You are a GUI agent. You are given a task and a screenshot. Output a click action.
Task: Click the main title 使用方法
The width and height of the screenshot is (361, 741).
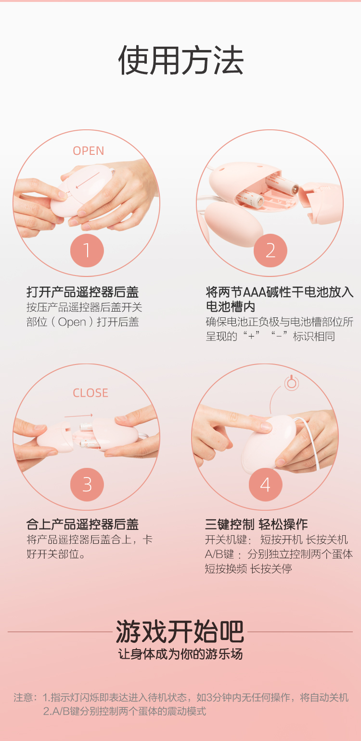point(181,60)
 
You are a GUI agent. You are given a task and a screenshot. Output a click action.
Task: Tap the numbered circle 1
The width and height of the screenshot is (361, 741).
point(87,251)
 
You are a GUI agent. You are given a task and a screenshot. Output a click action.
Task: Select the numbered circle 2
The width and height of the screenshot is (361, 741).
point(270,251)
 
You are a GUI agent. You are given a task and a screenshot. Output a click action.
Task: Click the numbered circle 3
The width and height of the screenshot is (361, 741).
point(87,485)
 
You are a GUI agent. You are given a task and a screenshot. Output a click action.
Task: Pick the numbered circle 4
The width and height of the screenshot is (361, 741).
point(265,485)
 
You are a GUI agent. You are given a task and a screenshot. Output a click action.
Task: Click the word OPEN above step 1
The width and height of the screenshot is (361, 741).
point(89,151)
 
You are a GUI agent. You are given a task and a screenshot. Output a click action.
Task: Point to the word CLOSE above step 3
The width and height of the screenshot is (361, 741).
point(90,393)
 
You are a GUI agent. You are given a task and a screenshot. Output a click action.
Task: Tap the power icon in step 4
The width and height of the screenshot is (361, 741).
point(292,383)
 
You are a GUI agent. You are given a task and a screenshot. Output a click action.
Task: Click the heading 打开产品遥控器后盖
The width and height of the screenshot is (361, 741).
point(82,292)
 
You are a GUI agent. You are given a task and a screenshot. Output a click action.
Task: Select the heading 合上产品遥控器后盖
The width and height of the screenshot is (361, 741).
point(82,524)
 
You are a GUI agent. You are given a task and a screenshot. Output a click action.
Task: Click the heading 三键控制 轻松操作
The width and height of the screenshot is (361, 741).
point(257,524)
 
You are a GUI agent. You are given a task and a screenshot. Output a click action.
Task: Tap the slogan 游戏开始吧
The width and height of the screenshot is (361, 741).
point(180,631)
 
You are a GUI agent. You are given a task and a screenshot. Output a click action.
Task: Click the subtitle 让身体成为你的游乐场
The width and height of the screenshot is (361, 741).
point(180,654)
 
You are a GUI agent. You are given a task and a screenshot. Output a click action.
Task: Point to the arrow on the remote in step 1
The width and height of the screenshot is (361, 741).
point(88,180)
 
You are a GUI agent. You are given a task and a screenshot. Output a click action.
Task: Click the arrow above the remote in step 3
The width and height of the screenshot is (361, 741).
point(78,415)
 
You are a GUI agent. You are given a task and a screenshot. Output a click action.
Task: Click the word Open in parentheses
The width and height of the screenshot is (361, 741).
point(72,322)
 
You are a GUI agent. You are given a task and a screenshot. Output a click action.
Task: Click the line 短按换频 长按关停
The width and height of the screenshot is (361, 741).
point(248,569)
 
